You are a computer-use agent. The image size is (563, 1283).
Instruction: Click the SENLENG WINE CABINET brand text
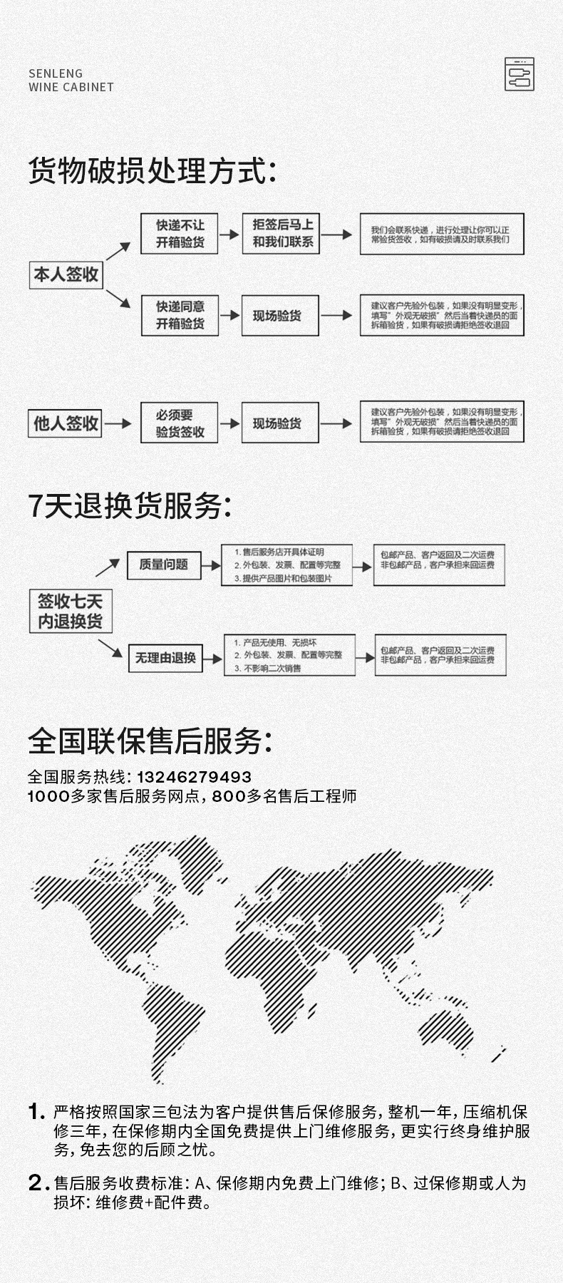click(71, 80)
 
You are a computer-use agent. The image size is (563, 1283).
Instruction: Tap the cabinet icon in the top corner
click(519, 74)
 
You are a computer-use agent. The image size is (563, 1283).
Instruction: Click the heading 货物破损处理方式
click(151, 172)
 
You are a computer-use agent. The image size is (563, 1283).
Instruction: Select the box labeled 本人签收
click(66, 275)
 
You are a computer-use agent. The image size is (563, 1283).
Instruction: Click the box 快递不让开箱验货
click(180, 234)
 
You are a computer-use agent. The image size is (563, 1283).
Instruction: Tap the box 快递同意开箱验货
click(180, 315)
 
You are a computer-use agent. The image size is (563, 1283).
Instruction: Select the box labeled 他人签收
click(66, 423)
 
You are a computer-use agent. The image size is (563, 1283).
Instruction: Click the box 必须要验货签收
click(180, 423)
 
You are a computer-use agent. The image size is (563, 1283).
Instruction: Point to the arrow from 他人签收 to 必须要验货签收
click(119, 423)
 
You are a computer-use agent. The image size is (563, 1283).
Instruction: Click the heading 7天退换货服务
click(130, 506)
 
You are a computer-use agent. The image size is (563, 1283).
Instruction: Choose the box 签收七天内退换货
click(70, 612)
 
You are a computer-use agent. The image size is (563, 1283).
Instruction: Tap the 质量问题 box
click(164, 565)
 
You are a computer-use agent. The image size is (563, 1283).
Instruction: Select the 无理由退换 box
click(165, 657)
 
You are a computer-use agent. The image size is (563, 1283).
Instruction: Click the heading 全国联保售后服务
click(150, 741)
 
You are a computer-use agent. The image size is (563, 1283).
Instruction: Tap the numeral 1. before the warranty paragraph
click(36, 1112)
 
